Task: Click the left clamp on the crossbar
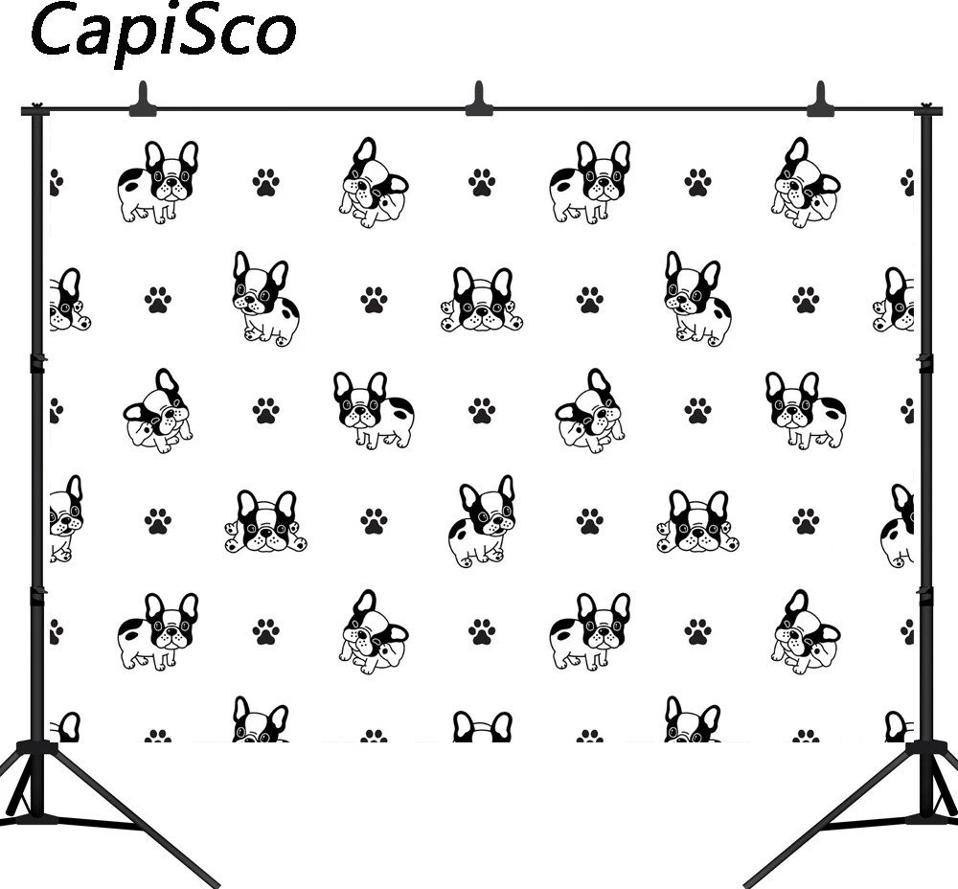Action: [142, 99]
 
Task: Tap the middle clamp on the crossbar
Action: [479, 100]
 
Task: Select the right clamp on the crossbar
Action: [820, 100]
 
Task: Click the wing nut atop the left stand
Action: [37, 107]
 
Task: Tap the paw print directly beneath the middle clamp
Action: [482, 181]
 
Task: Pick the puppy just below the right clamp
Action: [806, 182]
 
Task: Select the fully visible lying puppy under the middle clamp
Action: [482, 301]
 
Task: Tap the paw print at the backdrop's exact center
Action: [482, 411]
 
